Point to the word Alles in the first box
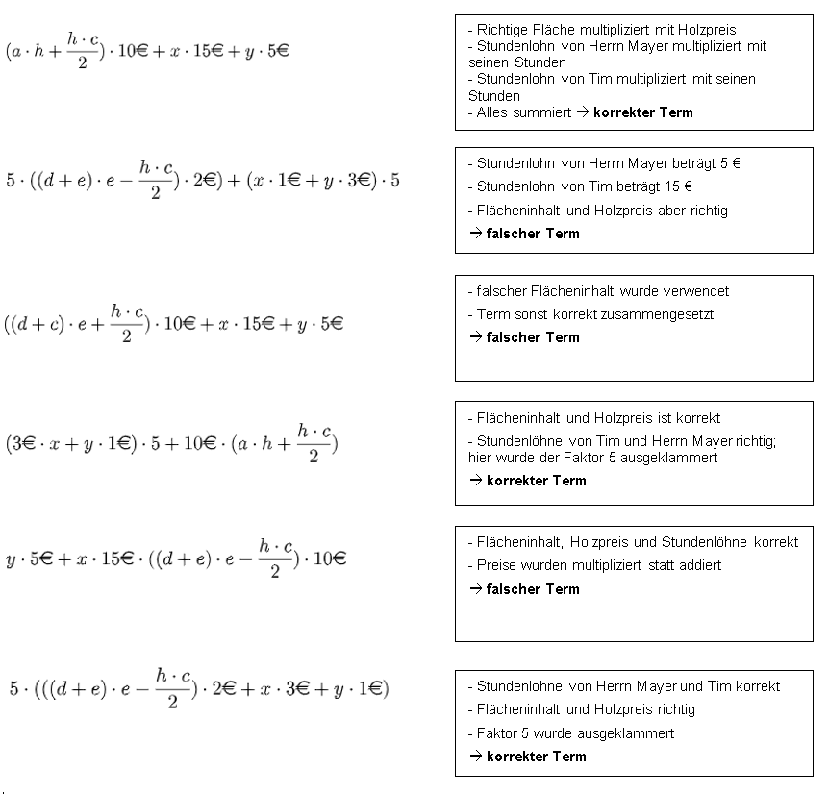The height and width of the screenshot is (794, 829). pyautogui.click(x=493, y=112)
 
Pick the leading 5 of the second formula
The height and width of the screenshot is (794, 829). pyautogui.click(x=10, y=182)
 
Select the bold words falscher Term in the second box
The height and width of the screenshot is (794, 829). pyautogui.click(x=533, y=234)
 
